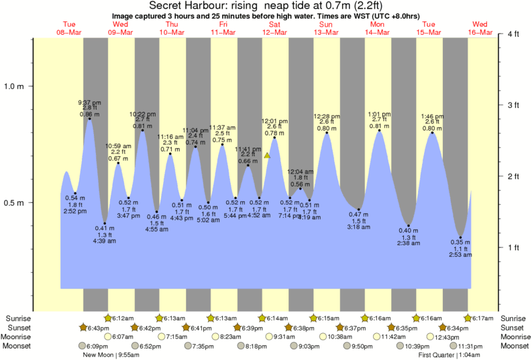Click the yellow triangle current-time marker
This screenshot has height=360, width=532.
click(267, 156)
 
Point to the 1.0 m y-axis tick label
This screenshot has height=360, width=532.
click(14, 86)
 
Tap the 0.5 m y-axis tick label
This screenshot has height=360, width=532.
click(14, 202)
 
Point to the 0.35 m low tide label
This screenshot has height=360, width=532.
click(461, 241)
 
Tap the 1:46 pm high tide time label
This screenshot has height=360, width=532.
click(432, 115)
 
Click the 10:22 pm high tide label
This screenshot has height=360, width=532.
click(142, 113)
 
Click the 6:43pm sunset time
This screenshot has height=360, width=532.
click(95, 327)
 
